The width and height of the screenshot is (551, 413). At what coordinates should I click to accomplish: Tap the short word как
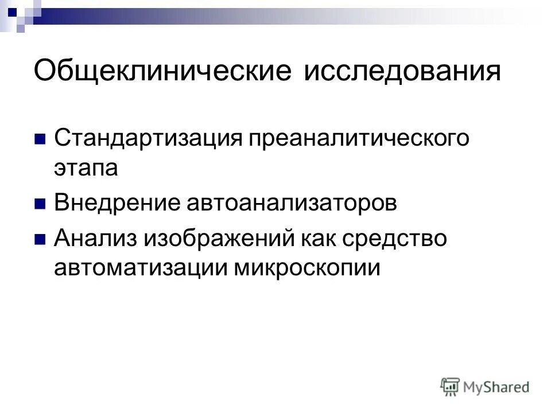319,238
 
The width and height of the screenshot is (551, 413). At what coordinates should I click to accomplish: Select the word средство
397,238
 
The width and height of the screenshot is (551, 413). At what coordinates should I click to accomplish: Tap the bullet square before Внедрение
40,204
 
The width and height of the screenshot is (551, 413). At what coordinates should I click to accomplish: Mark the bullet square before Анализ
40,239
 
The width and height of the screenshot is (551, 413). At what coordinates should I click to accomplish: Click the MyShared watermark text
496,388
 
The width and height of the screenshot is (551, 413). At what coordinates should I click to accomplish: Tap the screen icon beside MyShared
451,387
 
